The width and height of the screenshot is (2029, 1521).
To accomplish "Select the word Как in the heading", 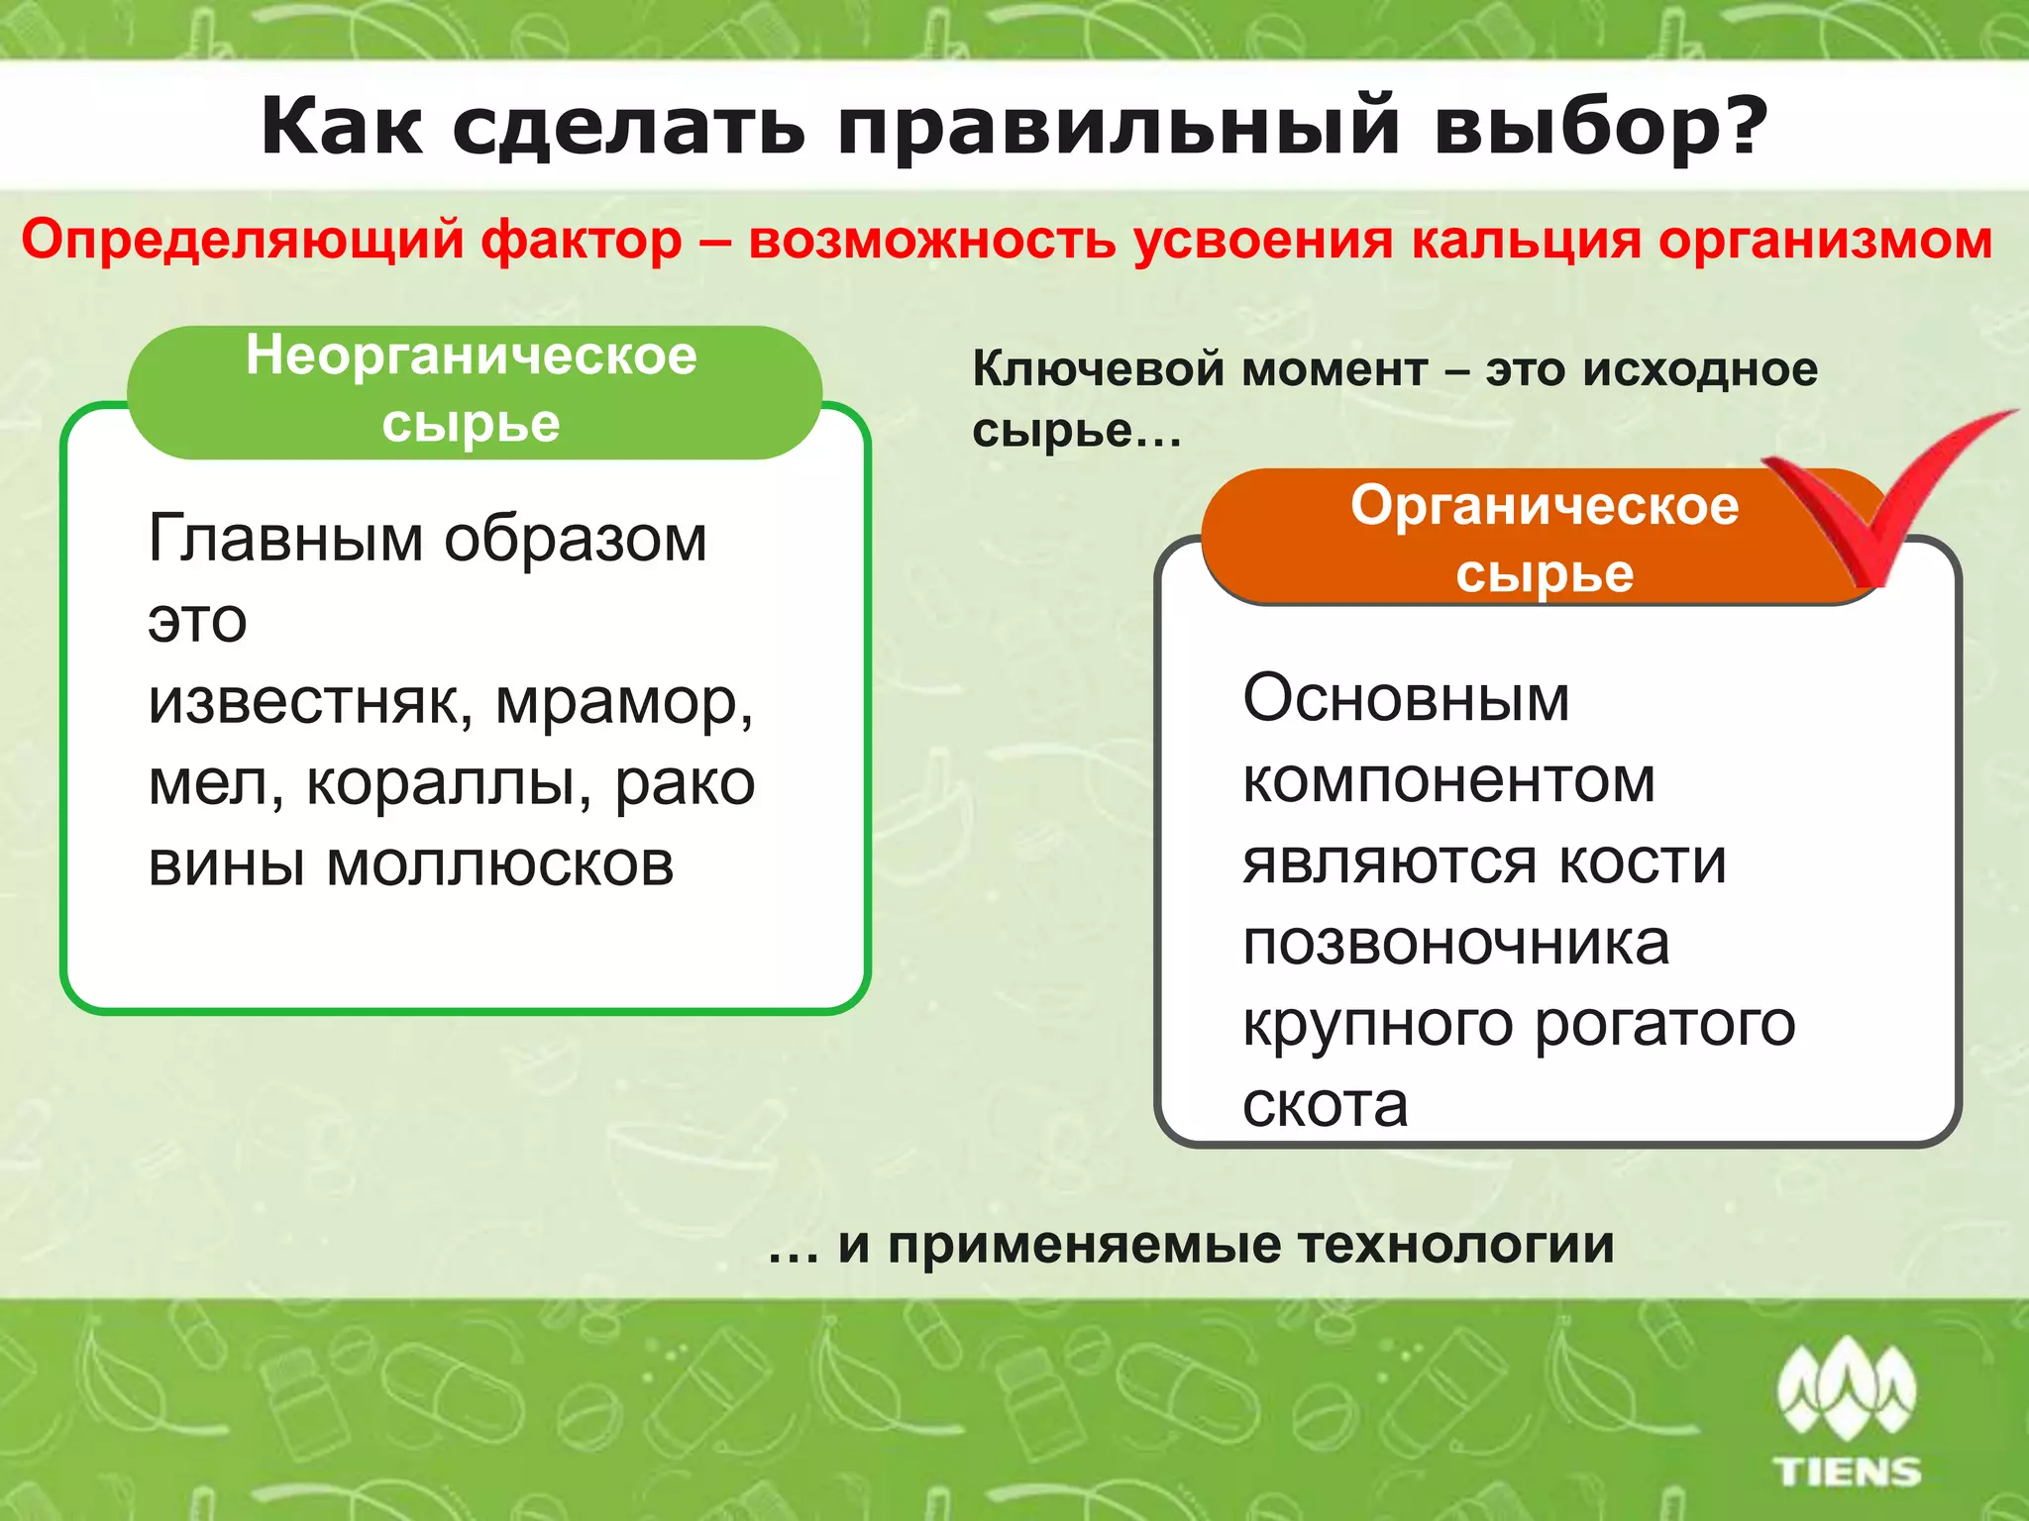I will (x=342, y=127).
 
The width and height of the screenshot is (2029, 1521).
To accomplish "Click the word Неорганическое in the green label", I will (x=472, y=355).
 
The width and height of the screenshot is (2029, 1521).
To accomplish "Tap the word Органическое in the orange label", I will (x=1544, y=505).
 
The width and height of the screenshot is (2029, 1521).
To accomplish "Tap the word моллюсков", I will (x=500, y=864).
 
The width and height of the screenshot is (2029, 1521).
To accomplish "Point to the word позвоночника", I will (x=1456, y=943).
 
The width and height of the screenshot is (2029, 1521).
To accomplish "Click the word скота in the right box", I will (x=1325, y=1105).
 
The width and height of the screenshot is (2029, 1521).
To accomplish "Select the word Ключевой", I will (x=1099, y=369).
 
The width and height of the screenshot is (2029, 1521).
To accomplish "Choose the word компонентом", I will (x=1448, y=780).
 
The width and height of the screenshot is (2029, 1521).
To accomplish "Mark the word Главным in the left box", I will (x=285, y=539).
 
